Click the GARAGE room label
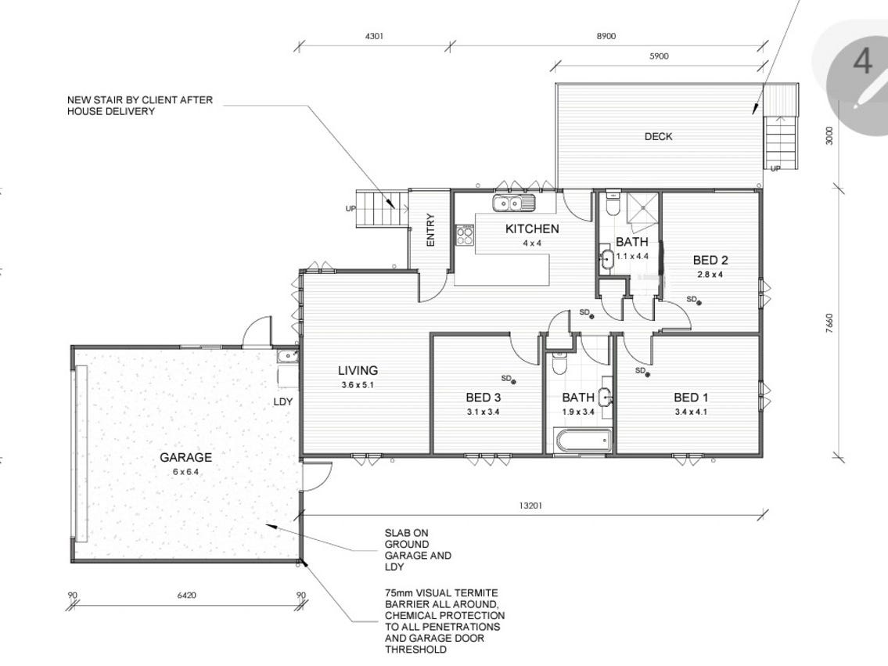pos(185,457)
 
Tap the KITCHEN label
pos(532,229)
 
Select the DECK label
pos(659,136)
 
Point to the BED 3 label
pos(483,398)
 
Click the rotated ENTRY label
pos(430,230)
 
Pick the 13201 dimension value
pos(530,505)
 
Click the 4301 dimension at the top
pos(374,36)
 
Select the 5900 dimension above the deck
pos(659,56)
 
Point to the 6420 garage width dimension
pos(186,596)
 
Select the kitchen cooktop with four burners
pos(465,235)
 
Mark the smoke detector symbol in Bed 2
pos(699,303)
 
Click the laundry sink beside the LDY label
pos(288,356)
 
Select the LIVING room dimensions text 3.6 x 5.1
pos(358,385)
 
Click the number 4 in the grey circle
pos(862,61)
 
